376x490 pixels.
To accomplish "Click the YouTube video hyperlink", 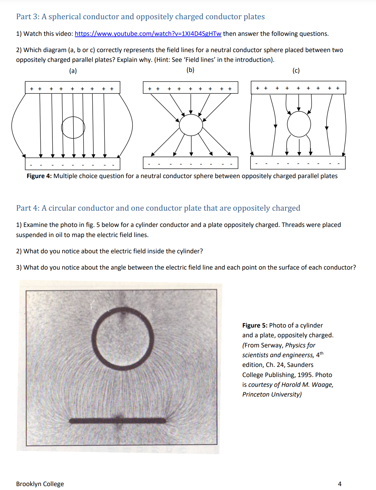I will click(148, 34).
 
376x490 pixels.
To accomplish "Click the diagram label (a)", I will click(73, 71).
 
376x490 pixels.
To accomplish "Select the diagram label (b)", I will click(190, 70).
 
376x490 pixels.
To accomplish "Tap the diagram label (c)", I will click(296, 71).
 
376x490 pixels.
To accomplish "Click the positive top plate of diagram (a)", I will click(73, 88).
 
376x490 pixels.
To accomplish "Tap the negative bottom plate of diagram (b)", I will click(190, 163).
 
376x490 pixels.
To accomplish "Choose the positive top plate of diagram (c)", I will click(298, 88).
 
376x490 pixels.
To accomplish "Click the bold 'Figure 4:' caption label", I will click(39, 176).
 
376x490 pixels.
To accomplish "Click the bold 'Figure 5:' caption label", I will click(255, 326).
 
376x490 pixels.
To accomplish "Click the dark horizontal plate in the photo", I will click(118, 420).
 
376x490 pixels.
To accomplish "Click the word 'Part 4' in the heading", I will click(27, 208).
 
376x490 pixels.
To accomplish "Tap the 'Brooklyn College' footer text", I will click(40, 484).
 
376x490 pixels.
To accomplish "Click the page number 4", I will click(340, 484).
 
